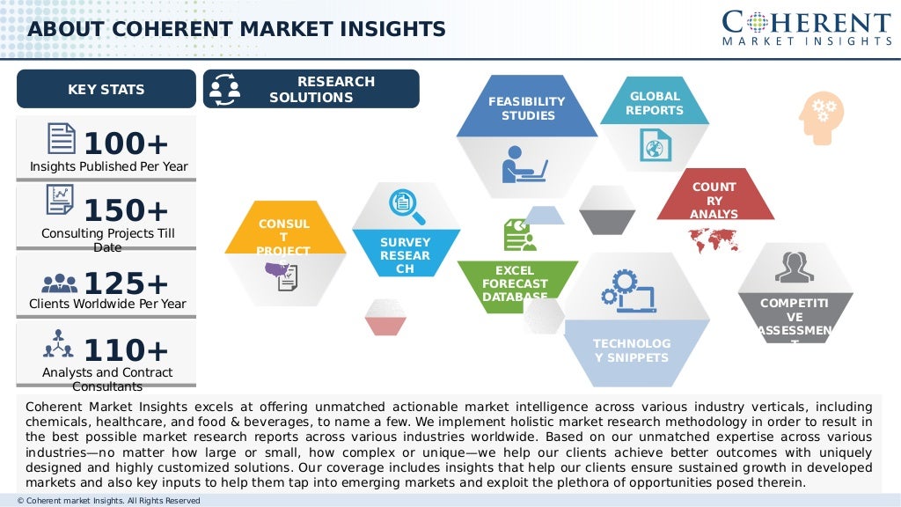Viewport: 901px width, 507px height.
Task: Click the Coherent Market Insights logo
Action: (807, 28)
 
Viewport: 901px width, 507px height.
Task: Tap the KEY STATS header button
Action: (106, 89)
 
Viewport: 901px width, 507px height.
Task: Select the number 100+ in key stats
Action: (126, 143)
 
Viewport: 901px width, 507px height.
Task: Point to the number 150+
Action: (126, 211)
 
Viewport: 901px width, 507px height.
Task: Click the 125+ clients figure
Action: (126, 283)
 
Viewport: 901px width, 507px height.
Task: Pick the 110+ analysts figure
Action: (126, 350)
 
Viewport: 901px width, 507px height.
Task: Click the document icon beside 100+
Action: (62, 139)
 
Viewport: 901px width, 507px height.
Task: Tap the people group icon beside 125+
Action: (60, 283)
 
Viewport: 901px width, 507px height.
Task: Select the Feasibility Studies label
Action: (527, 108)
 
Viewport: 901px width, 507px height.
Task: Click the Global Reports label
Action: (654, 103)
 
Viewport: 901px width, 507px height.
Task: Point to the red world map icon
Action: (714, 238)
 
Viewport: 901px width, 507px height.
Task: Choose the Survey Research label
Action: (406, 255)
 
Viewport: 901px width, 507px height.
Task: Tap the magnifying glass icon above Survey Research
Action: (407, 207)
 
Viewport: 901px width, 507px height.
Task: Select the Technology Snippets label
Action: (631, 350)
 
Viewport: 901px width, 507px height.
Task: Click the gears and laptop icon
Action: (628, 292)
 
